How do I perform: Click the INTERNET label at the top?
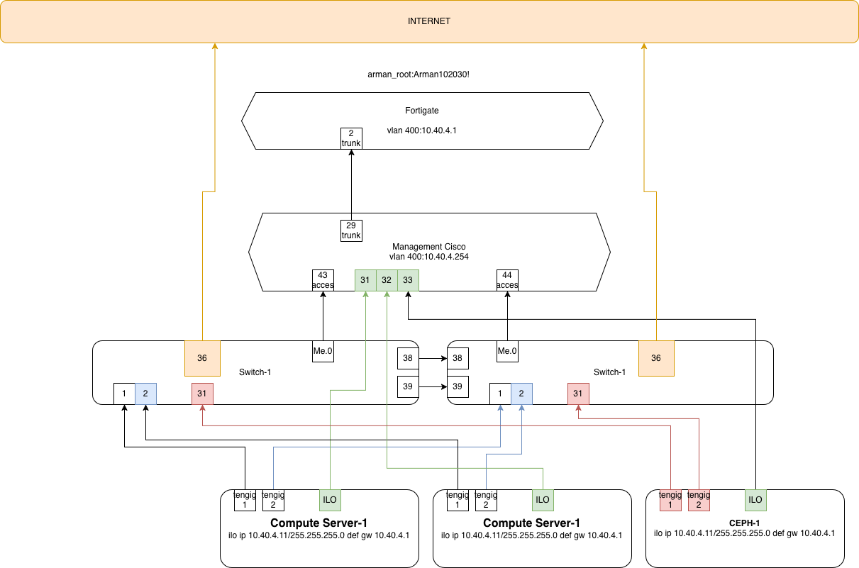429,21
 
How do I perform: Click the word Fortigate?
422,111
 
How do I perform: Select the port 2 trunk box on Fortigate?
351,138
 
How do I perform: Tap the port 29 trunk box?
351,230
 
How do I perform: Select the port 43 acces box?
323,280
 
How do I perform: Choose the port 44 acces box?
507,280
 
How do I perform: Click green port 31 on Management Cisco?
365,280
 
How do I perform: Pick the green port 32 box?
387,280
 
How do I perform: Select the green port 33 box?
408,280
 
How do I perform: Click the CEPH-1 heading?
745,523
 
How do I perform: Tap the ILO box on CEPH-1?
755,500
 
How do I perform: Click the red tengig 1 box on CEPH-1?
670,500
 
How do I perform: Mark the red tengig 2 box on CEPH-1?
699,500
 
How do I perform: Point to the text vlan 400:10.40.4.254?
429,257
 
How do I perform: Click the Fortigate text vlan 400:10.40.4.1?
422,131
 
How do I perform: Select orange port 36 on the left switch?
202,358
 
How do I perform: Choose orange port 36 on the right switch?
656,358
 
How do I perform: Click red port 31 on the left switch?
202,394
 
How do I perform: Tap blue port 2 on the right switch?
521,394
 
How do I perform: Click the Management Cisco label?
429,247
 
